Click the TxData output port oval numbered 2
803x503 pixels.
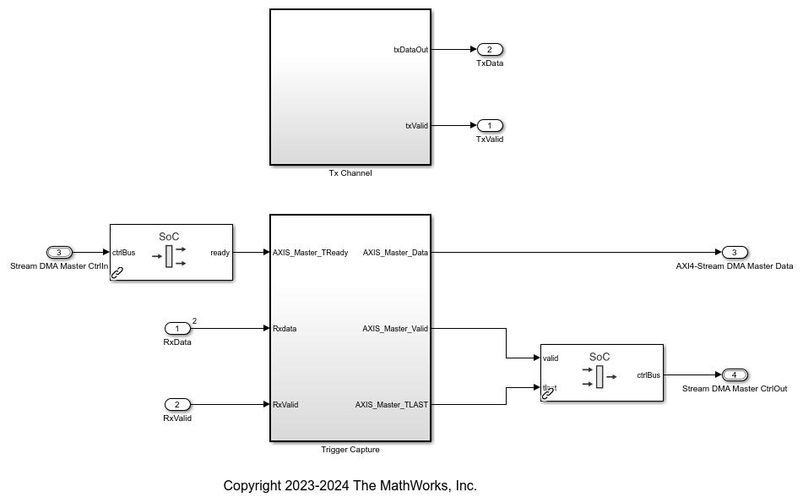pyautogui.click(x=490, y=49)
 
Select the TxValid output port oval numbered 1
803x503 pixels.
pyautogui.click(x=490, y=125)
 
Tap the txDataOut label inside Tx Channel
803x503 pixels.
pyautogui.click(x=410, y=50)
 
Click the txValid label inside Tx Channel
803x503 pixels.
pyautogui.click(x=416, y=126)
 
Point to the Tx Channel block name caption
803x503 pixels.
pyautogui.click(x=350, y=173)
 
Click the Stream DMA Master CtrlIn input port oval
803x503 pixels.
pyautogui.click(x=59, y=252)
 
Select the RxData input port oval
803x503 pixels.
pyautogui.click(x=177, y=328)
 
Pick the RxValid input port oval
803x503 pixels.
pyautogui.click(x=177, y=404)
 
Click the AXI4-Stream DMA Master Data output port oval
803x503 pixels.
pyautogui.click(x=735, y=252)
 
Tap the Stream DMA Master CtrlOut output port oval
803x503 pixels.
pyautogui.click(x=735, y=375)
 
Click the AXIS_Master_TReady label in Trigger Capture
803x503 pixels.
pyautogui.click(x=310, y=253)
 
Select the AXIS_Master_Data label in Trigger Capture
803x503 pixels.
pyautogui.click(x=395, y=253)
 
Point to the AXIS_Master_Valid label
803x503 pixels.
pyautogui.click(x=395, y=329)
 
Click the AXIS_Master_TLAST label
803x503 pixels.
pyautogui.click(x=392, y=405)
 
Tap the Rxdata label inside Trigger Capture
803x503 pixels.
pyautogui.click(x=285, y=329)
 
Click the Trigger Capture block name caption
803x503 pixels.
pyautogui.click(x=350, y=450)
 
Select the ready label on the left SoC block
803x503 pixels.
pyautogui.click(x=220, y=253)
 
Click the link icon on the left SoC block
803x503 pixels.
pyautogui.click(x=117, y=272)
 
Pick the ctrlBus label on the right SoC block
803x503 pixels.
pyautogui.click(x=648, y=375)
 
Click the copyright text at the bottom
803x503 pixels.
pyautogui.click(x=350, y=486)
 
